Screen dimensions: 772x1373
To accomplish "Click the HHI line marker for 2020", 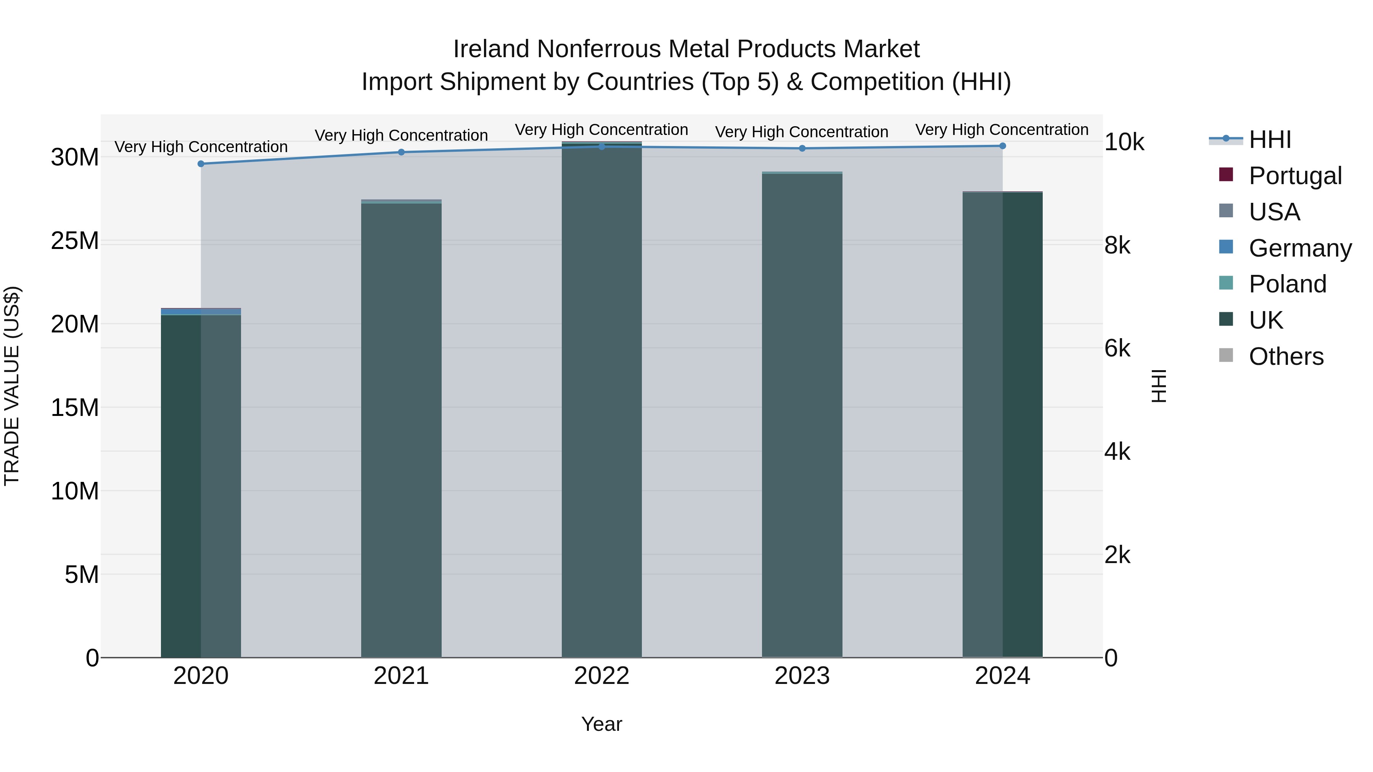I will coord(201,164).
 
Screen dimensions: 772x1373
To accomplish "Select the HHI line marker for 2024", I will coord(1003,146).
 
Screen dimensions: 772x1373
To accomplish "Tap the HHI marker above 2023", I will coord(802,148).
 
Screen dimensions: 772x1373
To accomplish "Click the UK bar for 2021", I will coord(401,426).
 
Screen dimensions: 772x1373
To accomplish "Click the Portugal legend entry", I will coord(1295,176).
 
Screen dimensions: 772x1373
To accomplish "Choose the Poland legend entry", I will coord(1287,284).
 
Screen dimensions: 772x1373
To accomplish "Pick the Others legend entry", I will coord(1286,356).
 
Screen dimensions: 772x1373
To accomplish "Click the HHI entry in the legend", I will coord(1270,140).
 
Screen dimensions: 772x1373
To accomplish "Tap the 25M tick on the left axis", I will coord(75,241).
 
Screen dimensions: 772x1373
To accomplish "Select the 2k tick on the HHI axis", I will coord(1117,555).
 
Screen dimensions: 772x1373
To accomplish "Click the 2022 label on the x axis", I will coord(602,676).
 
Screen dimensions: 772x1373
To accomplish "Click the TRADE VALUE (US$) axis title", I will coord(12,386).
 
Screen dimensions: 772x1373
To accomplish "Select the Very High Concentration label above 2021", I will coord(401,135).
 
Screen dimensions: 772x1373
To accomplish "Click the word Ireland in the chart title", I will coord(491,49).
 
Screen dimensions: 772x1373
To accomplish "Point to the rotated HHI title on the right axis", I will coord(1159,386).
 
